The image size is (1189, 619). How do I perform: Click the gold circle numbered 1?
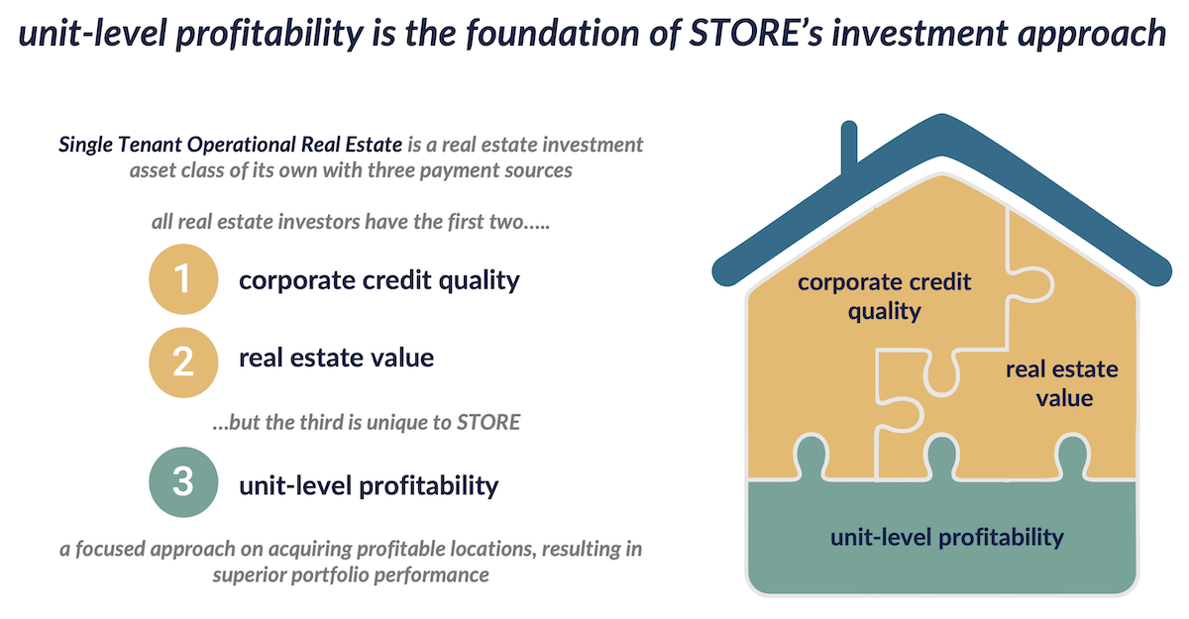[x=183, y=279]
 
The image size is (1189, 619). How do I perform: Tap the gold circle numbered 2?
[x=183, y=362]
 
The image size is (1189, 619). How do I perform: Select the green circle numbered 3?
[x=183, y=481]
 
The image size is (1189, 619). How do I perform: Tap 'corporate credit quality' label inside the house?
[x=884, y=296]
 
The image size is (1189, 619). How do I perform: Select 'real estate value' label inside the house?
[x=1062, y=383]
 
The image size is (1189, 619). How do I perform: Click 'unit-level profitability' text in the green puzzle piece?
[x=947, y=538]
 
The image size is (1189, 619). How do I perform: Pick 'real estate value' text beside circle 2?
[x=336, y=358]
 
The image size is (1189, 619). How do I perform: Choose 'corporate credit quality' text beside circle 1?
[x=378, y=280]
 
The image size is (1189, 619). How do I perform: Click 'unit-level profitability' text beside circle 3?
[x=369, y=486]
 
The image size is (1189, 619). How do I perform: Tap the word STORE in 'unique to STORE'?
[x=488, y=422]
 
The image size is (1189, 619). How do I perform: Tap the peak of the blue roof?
[x=942, y=117]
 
